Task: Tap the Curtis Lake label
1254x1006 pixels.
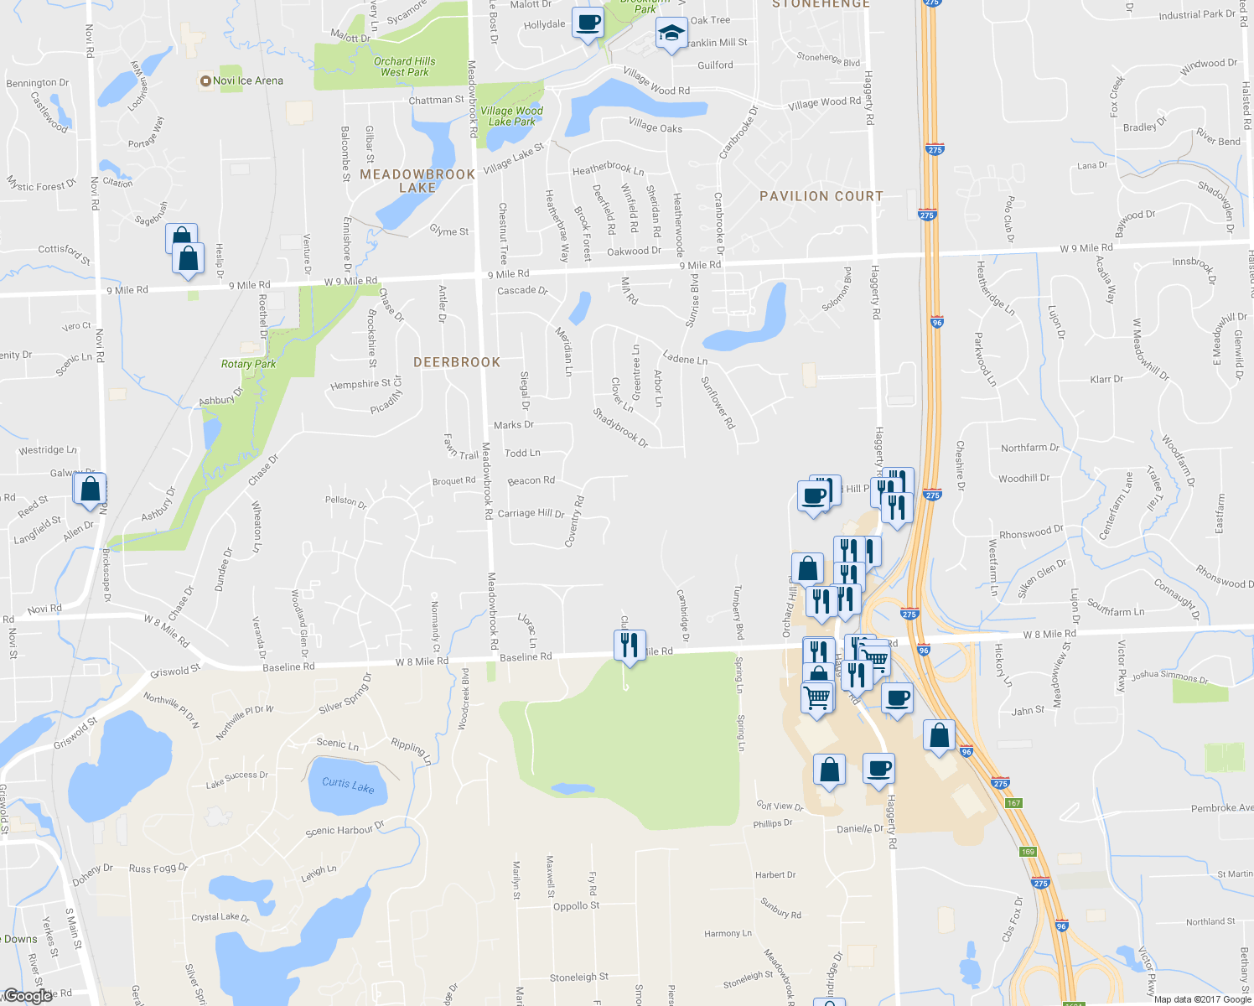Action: [348, 784]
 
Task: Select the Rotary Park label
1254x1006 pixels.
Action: [248, 364]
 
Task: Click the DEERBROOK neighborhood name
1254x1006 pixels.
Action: [457, 362]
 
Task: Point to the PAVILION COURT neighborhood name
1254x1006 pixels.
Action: [821, 196]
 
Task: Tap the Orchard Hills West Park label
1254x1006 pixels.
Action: [404, 67]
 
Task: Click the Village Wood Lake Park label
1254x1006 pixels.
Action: [511, 116]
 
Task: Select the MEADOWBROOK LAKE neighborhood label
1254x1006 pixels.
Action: [417, 181]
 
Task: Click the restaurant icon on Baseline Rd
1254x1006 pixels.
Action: [629, 645]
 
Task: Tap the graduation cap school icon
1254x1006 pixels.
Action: [671, 34]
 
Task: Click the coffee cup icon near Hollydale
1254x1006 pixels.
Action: [588, 22]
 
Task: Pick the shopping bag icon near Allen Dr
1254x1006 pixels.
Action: [91, 489]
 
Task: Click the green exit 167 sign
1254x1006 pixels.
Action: [1014, 803]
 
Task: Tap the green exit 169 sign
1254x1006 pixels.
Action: [1029, 852]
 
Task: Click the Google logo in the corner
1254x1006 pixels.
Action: [28, 996]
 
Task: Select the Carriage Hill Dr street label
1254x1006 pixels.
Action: [531, 513]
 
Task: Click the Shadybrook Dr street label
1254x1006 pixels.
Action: [620, 427]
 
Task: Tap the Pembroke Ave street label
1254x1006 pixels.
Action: [1221, 808]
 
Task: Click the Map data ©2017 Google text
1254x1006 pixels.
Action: [1202, 999]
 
